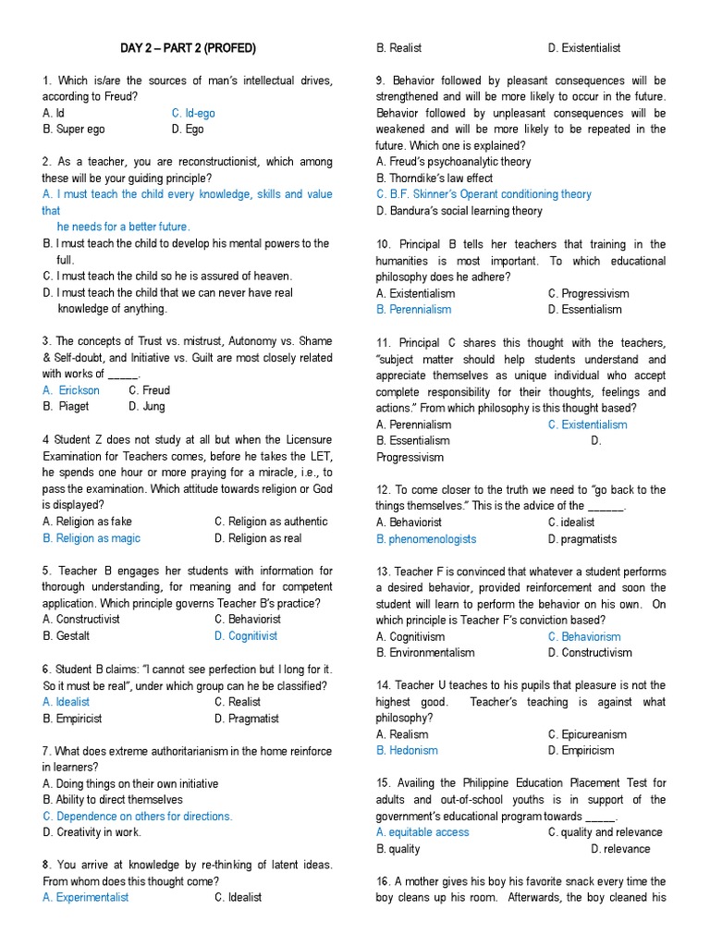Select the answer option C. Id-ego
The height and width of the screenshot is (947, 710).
193,113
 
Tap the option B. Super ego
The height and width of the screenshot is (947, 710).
74,129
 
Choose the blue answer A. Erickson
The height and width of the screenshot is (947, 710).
71,390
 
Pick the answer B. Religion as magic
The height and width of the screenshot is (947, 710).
92,538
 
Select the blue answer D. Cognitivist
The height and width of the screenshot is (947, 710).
246,636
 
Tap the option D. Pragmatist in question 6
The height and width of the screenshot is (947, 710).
247,719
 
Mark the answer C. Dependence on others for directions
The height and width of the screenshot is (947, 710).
138,817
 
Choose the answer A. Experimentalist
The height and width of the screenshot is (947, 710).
86,897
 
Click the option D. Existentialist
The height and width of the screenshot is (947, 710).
584,48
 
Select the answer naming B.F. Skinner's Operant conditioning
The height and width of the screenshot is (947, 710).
484,194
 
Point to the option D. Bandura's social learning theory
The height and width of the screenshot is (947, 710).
459,211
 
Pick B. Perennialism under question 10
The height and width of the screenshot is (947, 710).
414,310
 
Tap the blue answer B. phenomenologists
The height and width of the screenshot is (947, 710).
426,538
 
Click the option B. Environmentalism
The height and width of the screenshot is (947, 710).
425,653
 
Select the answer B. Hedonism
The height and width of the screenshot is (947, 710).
407,751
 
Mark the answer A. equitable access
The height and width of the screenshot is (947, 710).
422,832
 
